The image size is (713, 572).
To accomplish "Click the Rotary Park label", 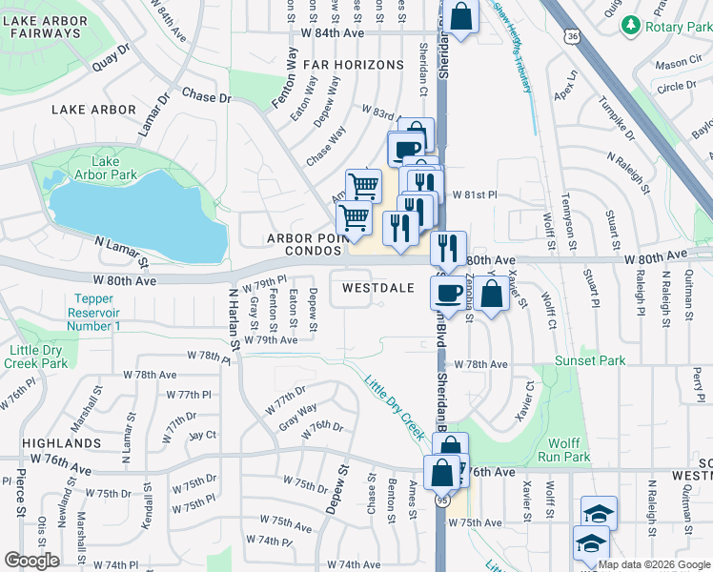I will (678, 28).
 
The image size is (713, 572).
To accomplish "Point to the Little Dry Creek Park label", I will (36, 357).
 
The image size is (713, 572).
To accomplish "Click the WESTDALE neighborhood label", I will (377, 287).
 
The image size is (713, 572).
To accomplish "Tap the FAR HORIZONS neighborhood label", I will (354, 65).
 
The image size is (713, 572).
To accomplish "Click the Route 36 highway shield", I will (570, 36).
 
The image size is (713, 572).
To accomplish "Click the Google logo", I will (31, 560).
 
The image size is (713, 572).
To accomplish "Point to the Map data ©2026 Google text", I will (652, 564).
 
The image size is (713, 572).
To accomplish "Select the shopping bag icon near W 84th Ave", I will (459, 16).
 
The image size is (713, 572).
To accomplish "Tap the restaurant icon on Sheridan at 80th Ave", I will (447, 248).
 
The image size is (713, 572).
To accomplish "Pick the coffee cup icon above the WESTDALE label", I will (406, 149).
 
